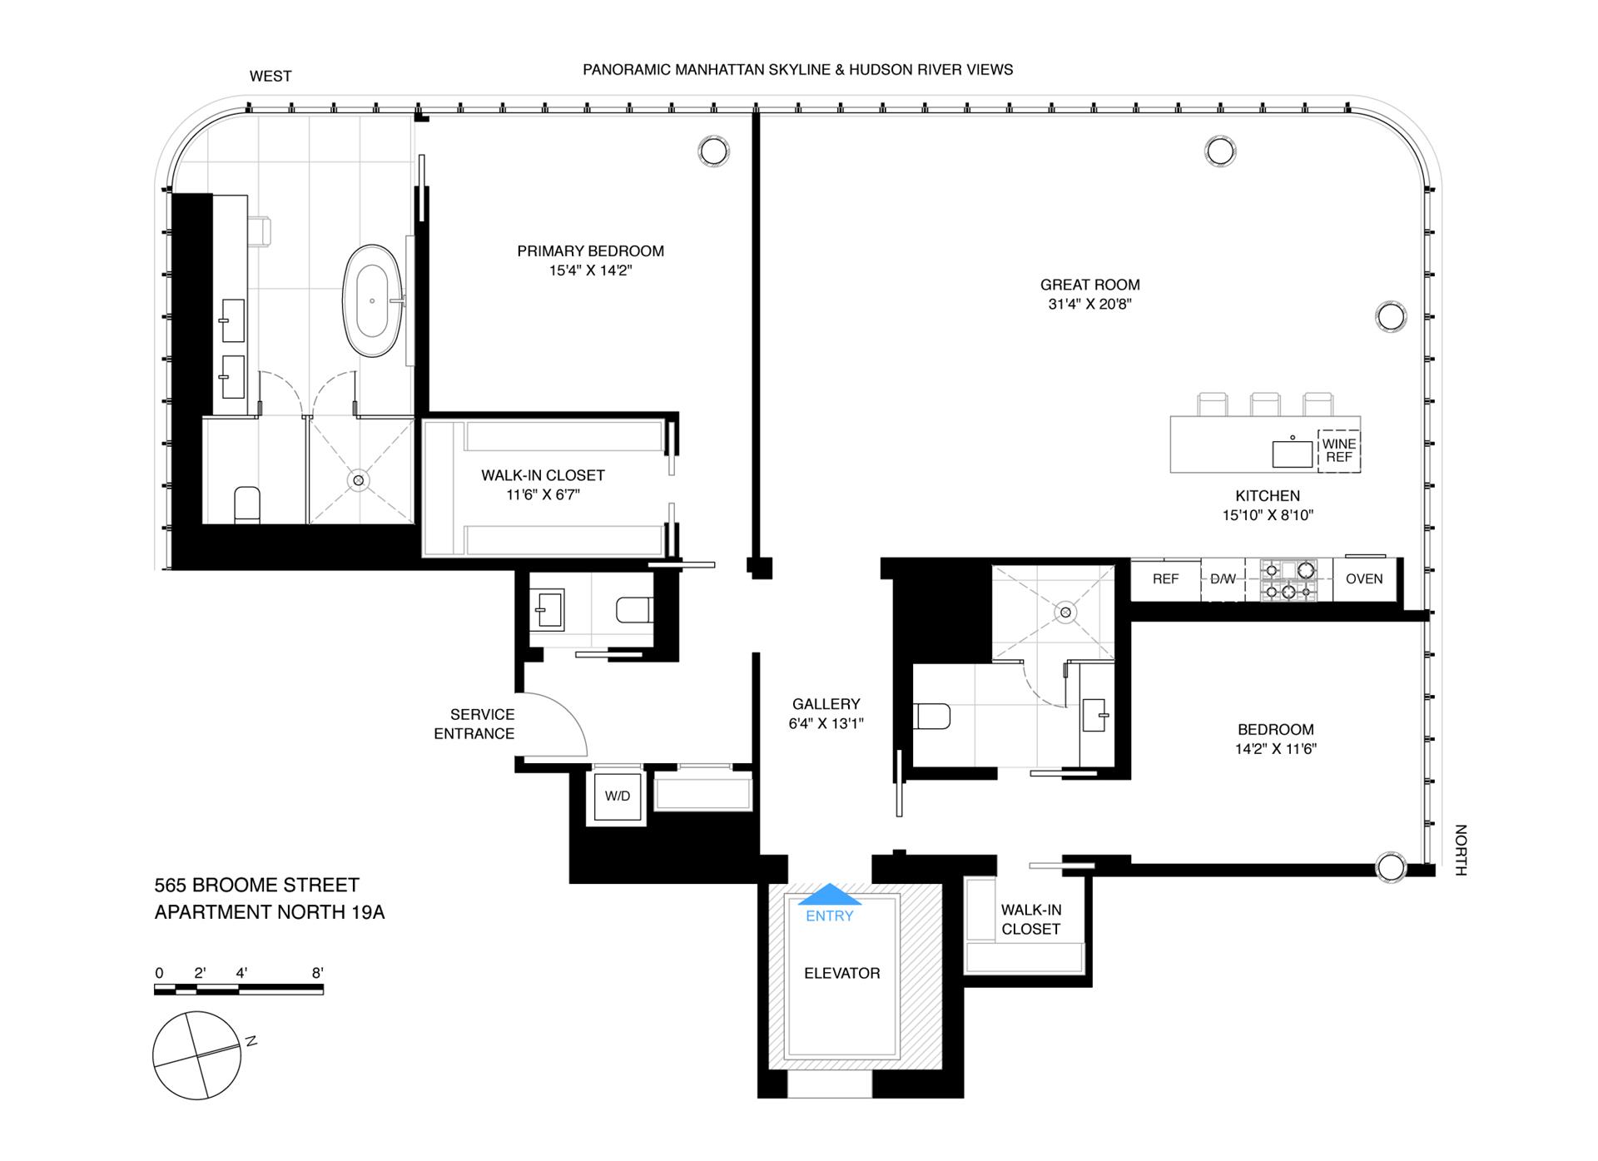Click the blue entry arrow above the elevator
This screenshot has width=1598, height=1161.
(x=830, y=895)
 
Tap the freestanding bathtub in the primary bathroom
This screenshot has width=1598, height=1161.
(x=372, y=300)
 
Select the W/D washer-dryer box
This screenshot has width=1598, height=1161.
(x=617, y=796)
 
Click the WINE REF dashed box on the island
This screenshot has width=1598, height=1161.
(x=1338, y=450)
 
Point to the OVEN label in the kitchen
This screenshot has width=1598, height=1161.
(x=1364, y=579)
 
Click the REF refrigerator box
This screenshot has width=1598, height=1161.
(x=1165, y=579)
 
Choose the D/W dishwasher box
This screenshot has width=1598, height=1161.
(x=1223, y=579)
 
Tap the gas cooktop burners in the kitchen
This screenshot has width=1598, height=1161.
(x=1288, y=579)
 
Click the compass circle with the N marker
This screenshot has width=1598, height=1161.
(x=197, y=1056)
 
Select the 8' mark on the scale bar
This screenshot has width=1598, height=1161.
(x=317, y=972)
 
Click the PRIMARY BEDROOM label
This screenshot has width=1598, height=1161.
(x=590, y=251)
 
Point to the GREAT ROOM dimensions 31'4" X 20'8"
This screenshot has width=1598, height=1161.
(x=1089, y=305)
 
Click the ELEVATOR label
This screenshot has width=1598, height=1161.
(x=841, y=973)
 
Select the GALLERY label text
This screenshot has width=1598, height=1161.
(x=826, y=704)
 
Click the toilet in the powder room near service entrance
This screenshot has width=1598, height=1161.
(x=634, y=611)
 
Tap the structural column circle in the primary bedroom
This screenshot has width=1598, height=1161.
(x=712, y=151)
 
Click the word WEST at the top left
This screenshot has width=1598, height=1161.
(x=270, y=77)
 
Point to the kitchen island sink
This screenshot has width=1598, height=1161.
(x=1292, y=453)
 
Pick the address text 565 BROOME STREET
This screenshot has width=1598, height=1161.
(x=256, y=885)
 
